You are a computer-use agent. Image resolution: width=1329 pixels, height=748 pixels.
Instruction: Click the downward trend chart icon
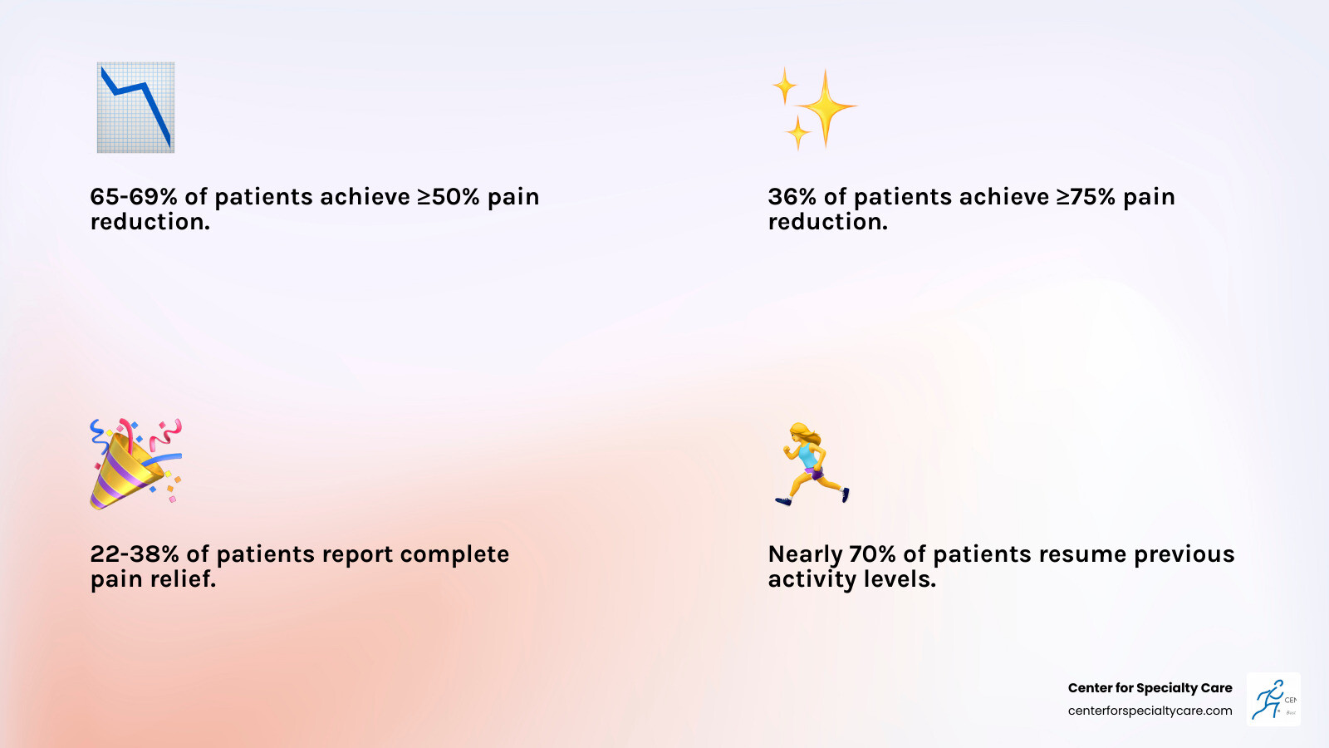135,107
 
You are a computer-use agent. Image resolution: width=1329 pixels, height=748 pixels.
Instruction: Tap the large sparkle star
825,108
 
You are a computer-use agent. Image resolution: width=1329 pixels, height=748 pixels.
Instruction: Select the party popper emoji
135,464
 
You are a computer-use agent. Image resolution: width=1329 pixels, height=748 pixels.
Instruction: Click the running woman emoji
812,464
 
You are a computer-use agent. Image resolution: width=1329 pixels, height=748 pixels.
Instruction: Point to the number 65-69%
133,197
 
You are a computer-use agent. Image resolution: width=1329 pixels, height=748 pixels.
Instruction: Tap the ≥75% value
1086,197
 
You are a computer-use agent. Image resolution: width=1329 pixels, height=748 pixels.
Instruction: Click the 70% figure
872,554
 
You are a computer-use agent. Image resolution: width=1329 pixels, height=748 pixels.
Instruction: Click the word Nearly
805,554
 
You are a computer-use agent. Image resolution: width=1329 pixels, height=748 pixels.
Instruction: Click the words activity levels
851,579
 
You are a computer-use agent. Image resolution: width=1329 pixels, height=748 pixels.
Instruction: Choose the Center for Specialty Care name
1150,688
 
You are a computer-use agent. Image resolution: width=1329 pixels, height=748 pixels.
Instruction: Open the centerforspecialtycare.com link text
1150,711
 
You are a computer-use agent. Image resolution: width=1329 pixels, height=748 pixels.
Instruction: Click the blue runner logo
1273,700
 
